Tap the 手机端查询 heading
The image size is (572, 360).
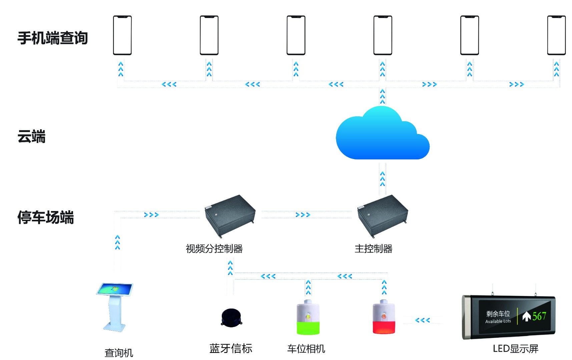pyautogui.click(x=52, y=38)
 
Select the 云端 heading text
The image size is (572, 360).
pyautogui.click(x=31, y=137)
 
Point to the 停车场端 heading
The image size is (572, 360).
pyautogui.click(x=45, y=217)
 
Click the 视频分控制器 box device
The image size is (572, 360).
pyautogui.click(x=230, y=215)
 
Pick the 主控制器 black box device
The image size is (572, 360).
pyautogui.click(x=383, y=215)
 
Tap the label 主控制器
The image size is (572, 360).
pyautogui.click(x=373, y=249)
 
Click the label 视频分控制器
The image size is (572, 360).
pyautogui.click(x=214, y=249)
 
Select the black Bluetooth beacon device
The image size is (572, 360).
pyautogui.click(x=231, y=318)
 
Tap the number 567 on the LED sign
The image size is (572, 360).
pyautogui.click(x=539, y=316)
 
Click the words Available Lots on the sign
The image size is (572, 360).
pyautogui.click(x=498, y=321)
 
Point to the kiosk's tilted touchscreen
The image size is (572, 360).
pyautogui.click(x=115, y=289)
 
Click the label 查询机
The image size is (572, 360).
pyautogui.click(x=119, y=353)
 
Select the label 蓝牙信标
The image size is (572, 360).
pyautogui.click(x=231, y=349)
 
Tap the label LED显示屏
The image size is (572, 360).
pyautogui.click(x=515, y=349)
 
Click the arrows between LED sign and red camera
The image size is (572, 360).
pyautogui.click(x=422, y=320)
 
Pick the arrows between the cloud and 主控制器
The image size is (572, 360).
pyautogui.click(x=383, y=179)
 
